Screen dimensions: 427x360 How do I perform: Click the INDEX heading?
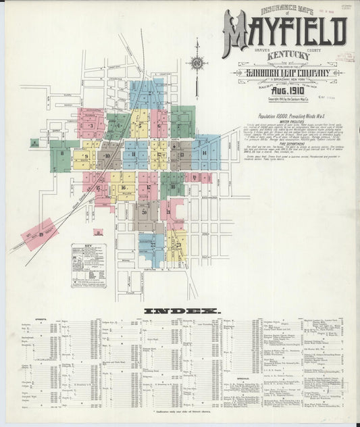(x=181, y=310)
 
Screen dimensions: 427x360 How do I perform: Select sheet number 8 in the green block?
(x=61, y=153)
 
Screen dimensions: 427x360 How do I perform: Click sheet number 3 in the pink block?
(x=91, y=126)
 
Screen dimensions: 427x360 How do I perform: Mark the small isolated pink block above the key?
(x=97, y=232)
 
